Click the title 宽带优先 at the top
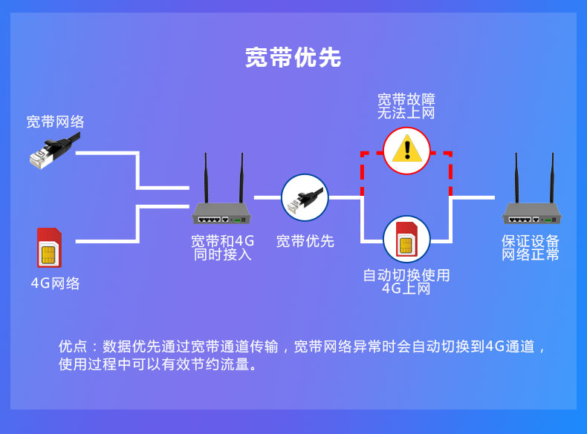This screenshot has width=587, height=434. tap(293, 58)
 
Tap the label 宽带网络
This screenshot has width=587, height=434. tap(56, 122)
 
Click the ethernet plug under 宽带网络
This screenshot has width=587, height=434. tap(55, 151)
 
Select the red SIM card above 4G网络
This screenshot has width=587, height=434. tap(50, 248)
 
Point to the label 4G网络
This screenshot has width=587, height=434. tap(56, 283)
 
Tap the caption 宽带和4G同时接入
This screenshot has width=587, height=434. tap(222, 248)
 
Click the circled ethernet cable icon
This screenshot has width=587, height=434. tap(305, 197)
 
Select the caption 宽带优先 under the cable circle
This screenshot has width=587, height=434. tap(305, 241)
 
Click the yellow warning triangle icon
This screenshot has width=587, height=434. tap(407, 151)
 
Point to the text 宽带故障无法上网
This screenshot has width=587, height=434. tap(406, 106)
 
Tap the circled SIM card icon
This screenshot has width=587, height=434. tap(407, 239)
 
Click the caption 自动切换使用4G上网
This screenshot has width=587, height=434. tap(406, 282)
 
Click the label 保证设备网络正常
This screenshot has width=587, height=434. tap(531, 248)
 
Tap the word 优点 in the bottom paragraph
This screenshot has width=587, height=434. tap(73, 346)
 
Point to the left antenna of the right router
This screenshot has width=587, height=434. tap(516, 178)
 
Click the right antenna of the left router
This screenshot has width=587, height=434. tap(241, 178)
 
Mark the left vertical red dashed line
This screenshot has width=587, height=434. tap(363, 174)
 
